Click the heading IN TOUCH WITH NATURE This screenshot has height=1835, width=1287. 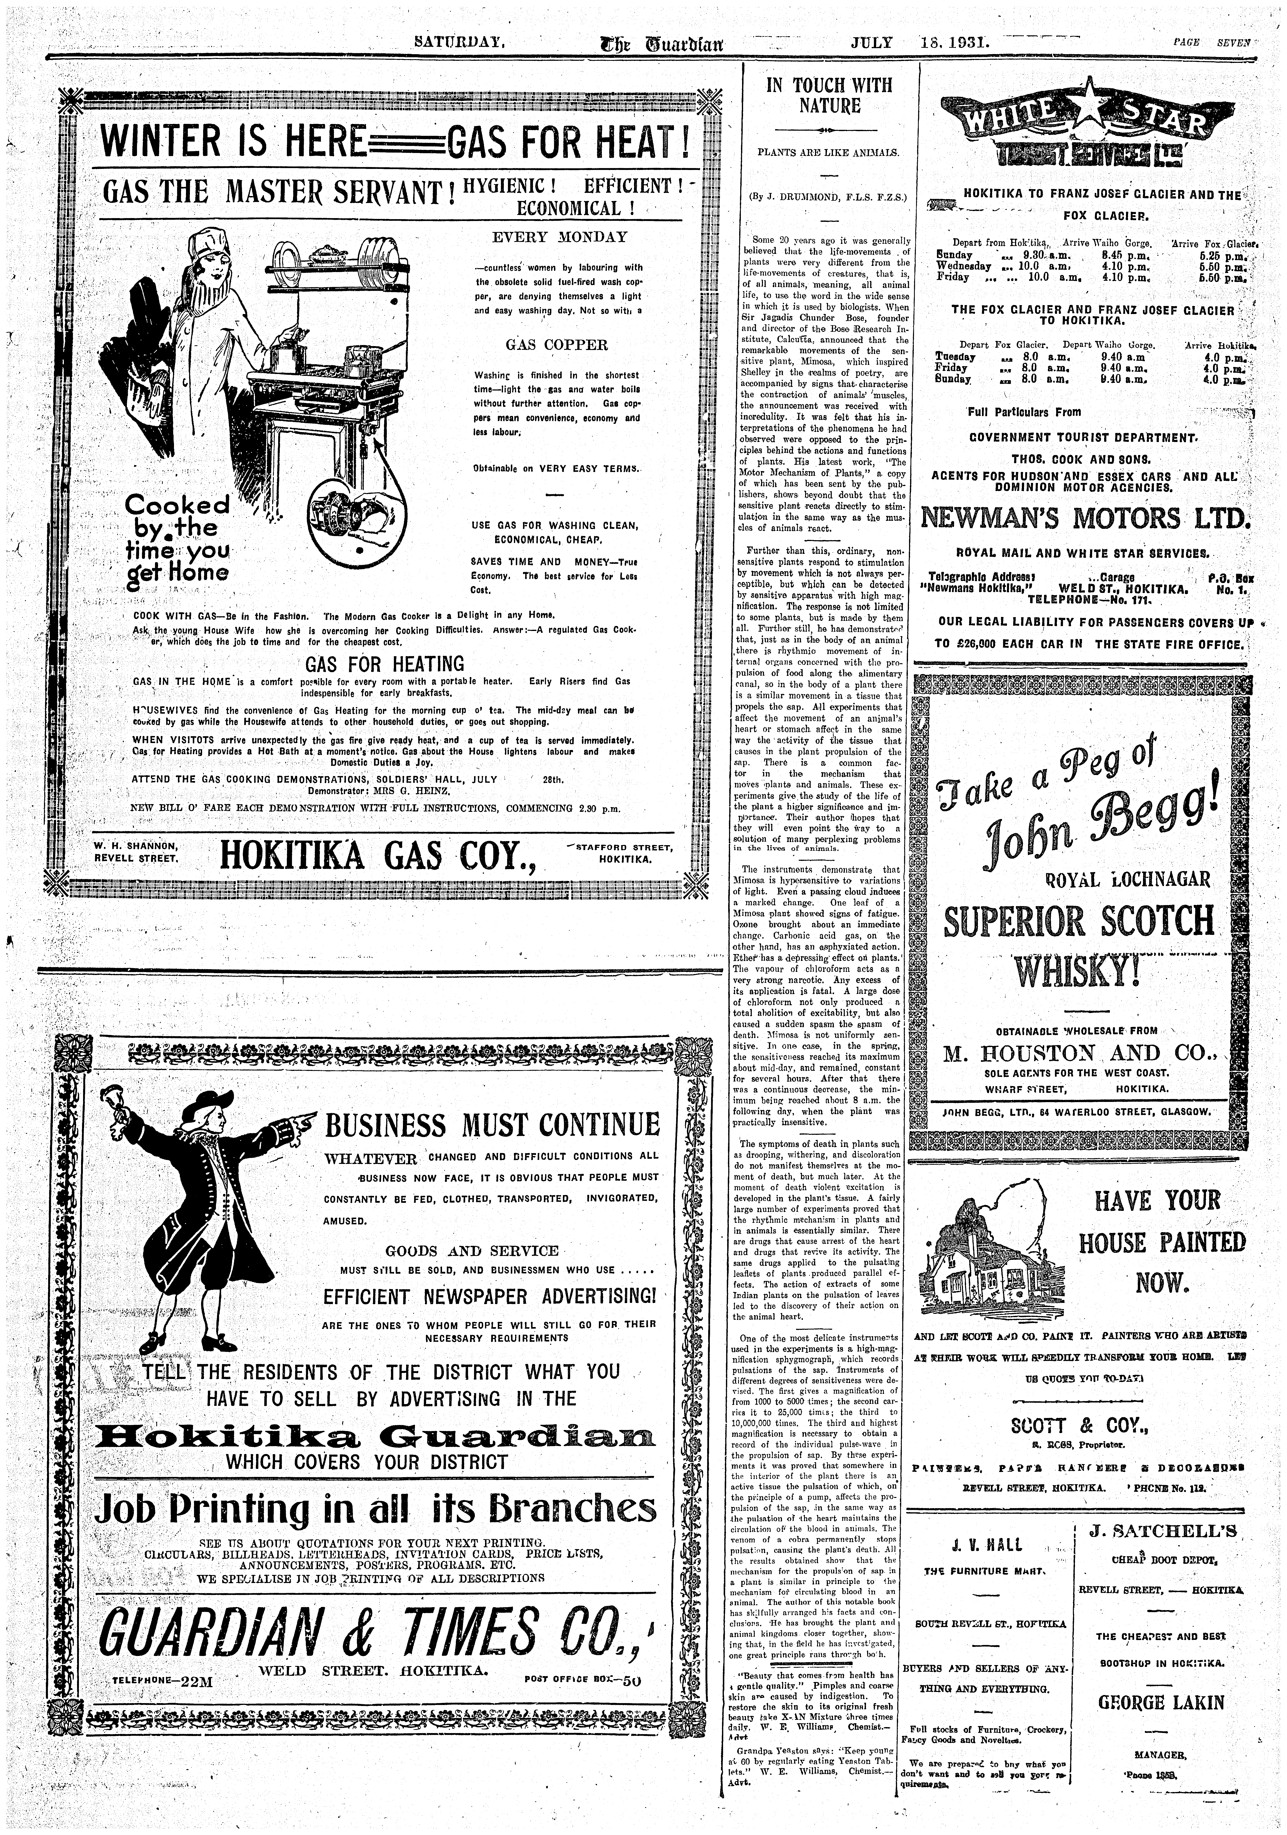pyautogui.click(x=829, y=96)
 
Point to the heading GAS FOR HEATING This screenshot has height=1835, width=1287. pyautogui.click(x=384, y=664)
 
